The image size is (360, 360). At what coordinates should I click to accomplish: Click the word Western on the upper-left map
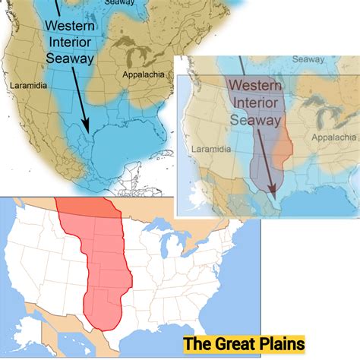click(x=70, y=26)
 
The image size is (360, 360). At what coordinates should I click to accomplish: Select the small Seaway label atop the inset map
click(x=308, y=58)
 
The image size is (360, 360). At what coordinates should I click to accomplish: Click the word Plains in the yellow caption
click(x=274, y=343)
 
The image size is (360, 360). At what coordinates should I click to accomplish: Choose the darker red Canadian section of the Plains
click(x=85, y=205)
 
